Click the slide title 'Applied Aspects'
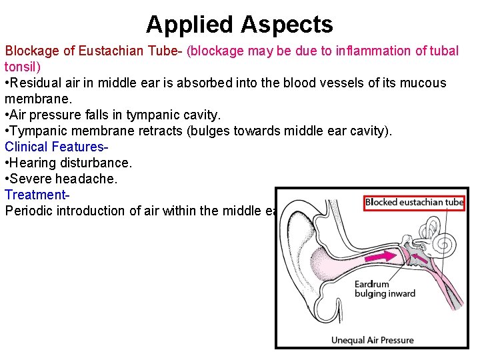[x=239, y=25]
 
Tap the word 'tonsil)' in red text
[x=23, y=67]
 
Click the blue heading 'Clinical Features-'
[x=57, y=147]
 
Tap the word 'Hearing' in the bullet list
[x=33, y=163]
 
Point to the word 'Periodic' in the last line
[x=27, y=211]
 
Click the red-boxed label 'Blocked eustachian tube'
[x=414, y=203]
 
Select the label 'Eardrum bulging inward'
[x=384, y=289]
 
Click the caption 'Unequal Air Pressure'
[x=372, y=340]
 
